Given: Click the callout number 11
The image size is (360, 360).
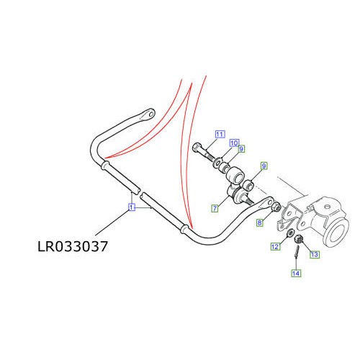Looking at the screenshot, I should pyautogui.click(x=220, y=134).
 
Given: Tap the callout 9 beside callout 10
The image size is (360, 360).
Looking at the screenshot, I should pyautogui.click(x=242, y=150).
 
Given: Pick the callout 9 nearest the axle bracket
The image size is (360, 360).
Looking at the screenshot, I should pyautogui.click(x=264, y=166).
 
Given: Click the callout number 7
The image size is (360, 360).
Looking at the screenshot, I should pyautogui.click(x=215, y=208).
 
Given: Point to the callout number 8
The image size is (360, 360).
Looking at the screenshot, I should pyautogui.click(x=260, y=224).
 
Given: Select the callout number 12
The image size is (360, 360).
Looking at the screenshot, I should pyautogui.click(x=274, y=247).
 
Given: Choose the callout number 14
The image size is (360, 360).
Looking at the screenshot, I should pyautogui.click(x=296, y=273).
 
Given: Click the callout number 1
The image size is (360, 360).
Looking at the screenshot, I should pyautogui.click(x=131, y=207).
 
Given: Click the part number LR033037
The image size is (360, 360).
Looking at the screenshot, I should pyautogui.click(x=72, y=247).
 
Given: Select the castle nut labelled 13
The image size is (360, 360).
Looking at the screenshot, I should pyautogui.click(x=300, y=240).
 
